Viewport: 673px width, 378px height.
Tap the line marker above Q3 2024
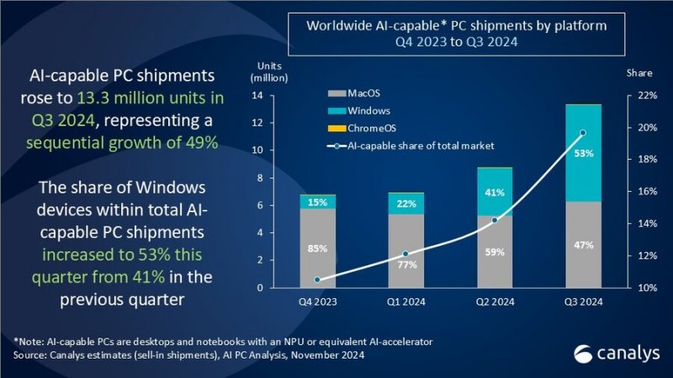click(x=583, y=133)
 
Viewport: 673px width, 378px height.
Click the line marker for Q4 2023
click(x=317, y=280)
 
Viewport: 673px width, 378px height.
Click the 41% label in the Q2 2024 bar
click(x=494, y=192)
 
